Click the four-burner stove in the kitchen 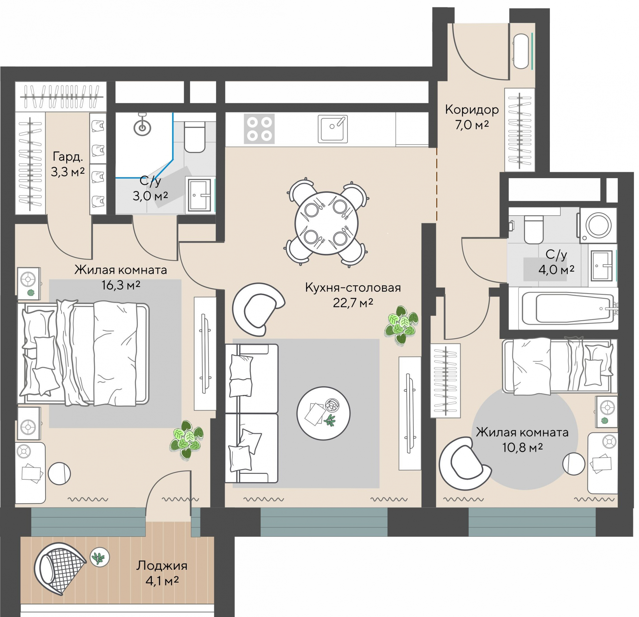click(x=259, y=129)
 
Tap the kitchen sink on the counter click(x=332, y=129)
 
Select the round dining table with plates click(x=326, y=223)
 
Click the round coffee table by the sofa click(x=323, y=413)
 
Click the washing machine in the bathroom click(x=598, y=225)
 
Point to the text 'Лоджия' click(x=162, y=566)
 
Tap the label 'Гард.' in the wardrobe click(x=68, y=157)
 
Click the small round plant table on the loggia click(x=100, y=557)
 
